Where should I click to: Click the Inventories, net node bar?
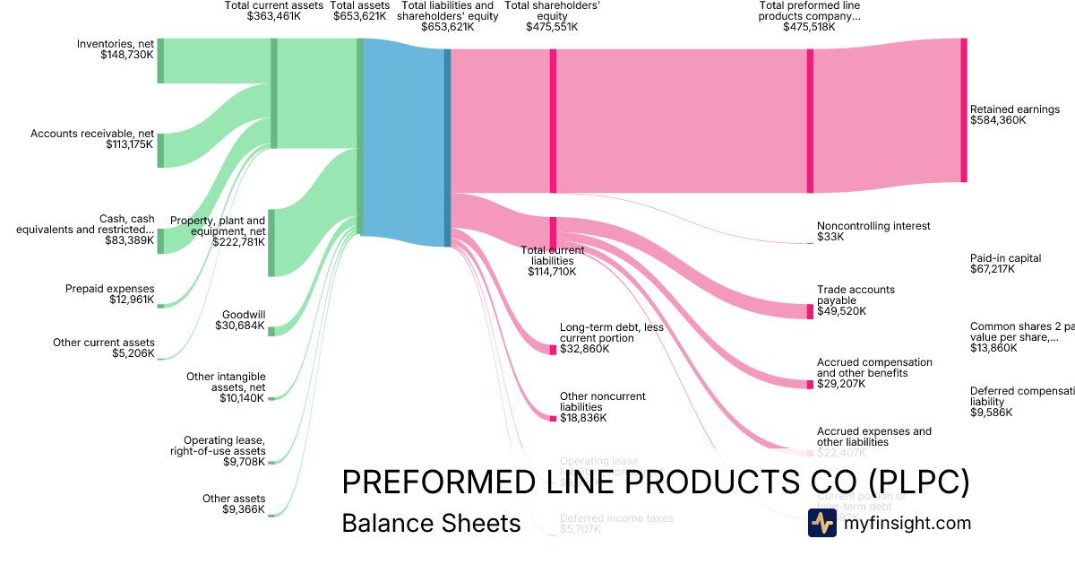(160, 61)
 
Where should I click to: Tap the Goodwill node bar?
(271, 331)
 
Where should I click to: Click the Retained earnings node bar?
(964, 110)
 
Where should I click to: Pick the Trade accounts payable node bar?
(810, 311)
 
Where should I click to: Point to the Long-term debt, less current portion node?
(553, 349)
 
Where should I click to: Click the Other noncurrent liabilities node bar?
(553, 418)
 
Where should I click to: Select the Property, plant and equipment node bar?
(271, 242)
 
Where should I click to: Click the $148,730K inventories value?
(127, 55)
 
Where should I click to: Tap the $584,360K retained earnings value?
(998, 120)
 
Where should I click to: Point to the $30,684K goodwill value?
(243, 326)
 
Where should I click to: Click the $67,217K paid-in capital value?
(993, 269)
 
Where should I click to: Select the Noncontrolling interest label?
(873, 226)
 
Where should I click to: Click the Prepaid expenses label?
(110, 289)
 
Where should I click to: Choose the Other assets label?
(234, 499)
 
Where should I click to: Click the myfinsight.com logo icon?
(821, 523)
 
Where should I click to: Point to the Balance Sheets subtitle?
(431, 523)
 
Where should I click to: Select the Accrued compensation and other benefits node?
(810, 384)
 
